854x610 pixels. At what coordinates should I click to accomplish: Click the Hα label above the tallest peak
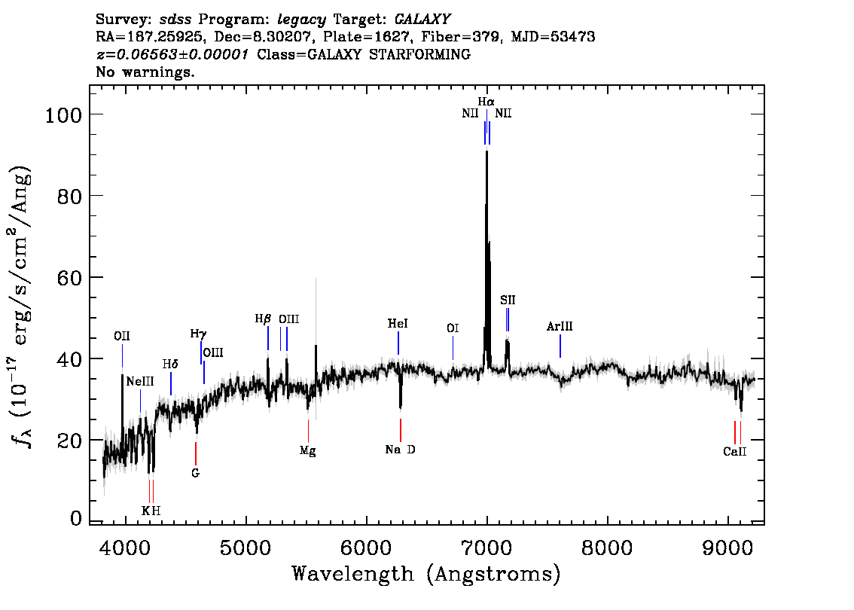point(486,102)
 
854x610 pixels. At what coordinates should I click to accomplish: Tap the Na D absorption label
point(401,450)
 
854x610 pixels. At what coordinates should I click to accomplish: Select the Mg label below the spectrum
point(308,451)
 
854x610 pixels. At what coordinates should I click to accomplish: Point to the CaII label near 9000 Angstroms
point(735,452)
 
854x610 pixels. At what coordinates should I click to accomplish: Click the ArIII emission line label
point(560,327)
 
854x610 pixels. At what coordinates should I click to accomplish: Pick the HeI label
point(398,324)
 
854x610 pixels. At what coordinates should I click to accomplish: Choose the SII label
point(508,300)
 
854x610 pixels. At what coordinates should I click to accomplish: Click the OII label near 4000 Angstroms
point(122,336)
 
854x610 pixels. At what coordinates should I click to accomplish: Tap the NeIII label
point(140,381)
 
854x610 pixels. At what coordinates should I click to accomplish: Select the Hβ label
point(263,319)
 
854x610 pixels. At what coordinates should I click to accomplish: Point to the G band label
point(196,473)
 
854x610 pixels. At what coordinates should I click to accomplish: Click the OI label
point(453,328)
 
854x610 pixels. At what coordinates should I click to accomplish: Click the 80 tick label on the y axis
point(70,196)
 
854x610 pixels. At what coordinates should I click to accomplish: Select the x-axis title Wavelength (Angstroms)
point(426,574)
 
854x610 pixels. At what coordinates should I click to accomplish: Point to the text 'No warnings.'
point(145,72)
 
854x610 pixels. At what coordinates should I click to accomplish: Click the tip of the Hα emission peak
point(487,151)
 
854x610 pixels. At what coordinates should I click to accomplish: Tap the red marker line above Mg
point(308,431)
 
